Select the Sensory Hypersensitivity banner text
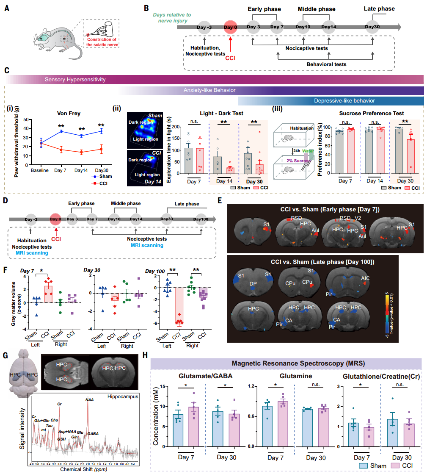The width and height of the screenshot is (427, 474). coord(75,79)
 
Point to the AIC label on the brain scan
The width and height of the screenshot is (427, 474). coord(365,278)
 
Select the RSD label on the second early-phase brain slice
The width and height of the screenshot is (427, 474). coord(296,218)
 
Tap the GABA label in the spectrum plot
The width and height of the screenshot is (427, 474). coord(93,433)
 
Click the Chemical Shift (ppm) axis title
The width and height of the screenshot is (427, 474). coord(84,469)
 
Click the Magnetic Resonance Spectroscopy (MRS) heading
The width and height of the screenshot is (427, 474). coord(287,363)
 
